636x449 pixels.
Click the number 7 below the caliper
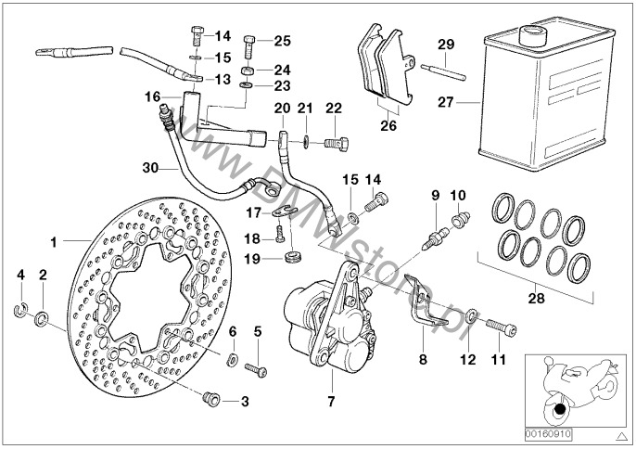[x=331, y=403]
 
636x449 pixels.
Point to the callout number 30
[x=152, y=168]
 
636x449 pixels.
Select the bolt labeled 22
[x=338, y=142]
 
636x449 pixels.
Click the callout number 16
[x=152, y=96]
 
